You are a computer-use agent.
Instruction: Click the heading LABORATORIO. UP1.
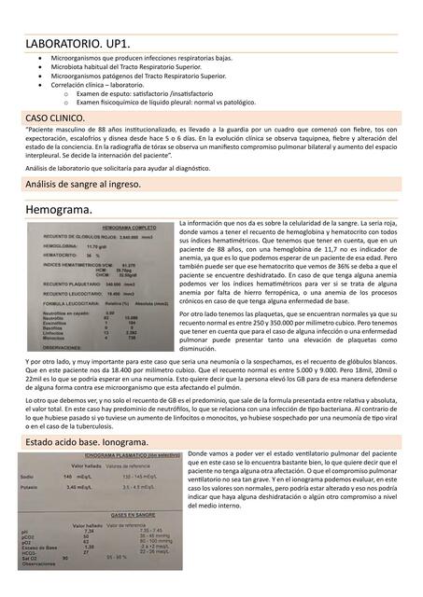[x=78, y=44]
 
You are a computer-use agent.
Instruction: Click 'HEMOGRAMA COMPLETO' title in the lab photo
[x=129, y=228]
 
